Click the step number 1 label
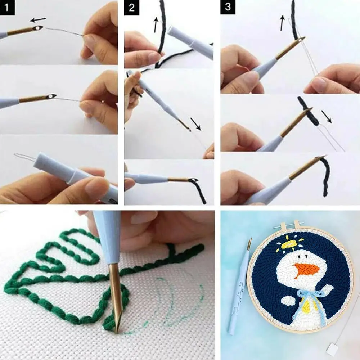coord(7,7)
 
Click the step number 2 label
coord(131,8)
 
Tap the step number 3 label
coord(228,7)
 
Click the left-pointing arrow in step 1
coord(38,20)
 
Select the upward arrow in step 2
coord(156,24)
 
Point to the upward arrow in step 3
coord(282,23)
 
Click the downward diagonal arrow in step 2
coord(195,124)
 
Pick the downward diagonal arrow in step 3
coord(327,116)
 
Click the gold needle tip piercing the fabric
coord(114,298)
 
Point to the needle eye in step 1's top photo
coord(37,28)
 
